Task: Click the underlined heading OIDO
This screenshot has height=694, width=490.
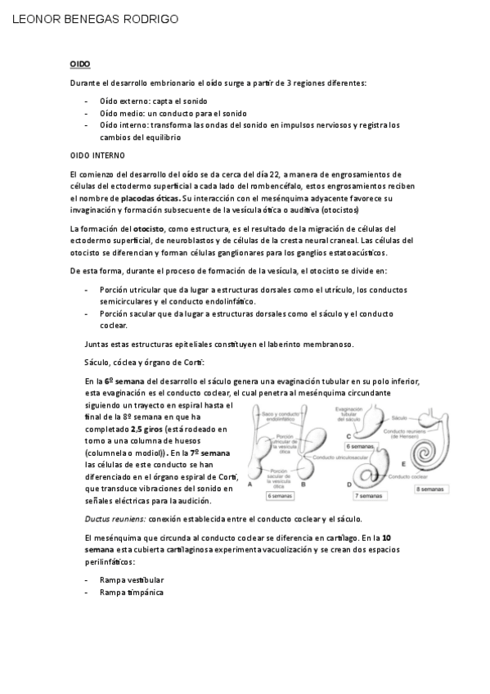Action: click(79, 63)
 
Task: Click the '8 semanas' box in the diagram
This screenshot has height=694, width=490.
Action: click(432, 488)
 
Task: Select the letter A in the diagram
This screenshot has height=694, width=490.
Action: click(249, 484)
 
